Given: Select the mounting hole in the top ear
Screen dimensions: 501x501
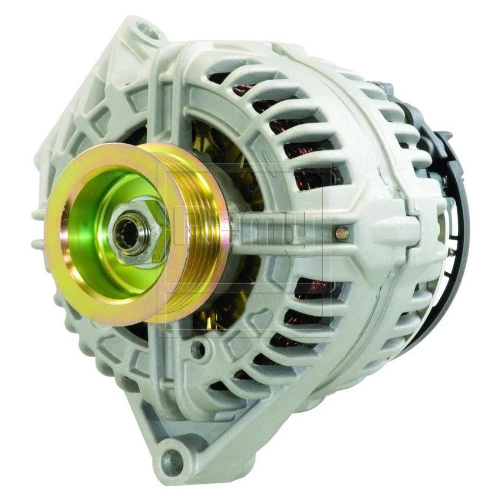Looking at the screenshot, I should [x=143, y=29].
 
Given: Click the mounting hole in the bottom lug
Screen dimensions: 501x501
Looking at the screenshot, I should [x=172, y=456].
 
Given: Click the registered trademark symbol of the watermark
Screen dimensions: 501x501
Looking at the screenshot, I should [x=337, y=167].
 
